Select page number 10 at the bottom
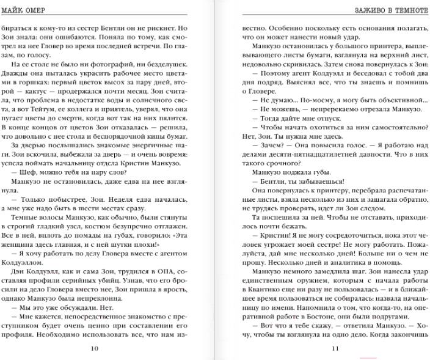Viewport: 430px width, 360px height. (93, 349)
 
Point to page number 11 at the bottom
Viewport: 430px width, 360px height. (335, 349)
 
